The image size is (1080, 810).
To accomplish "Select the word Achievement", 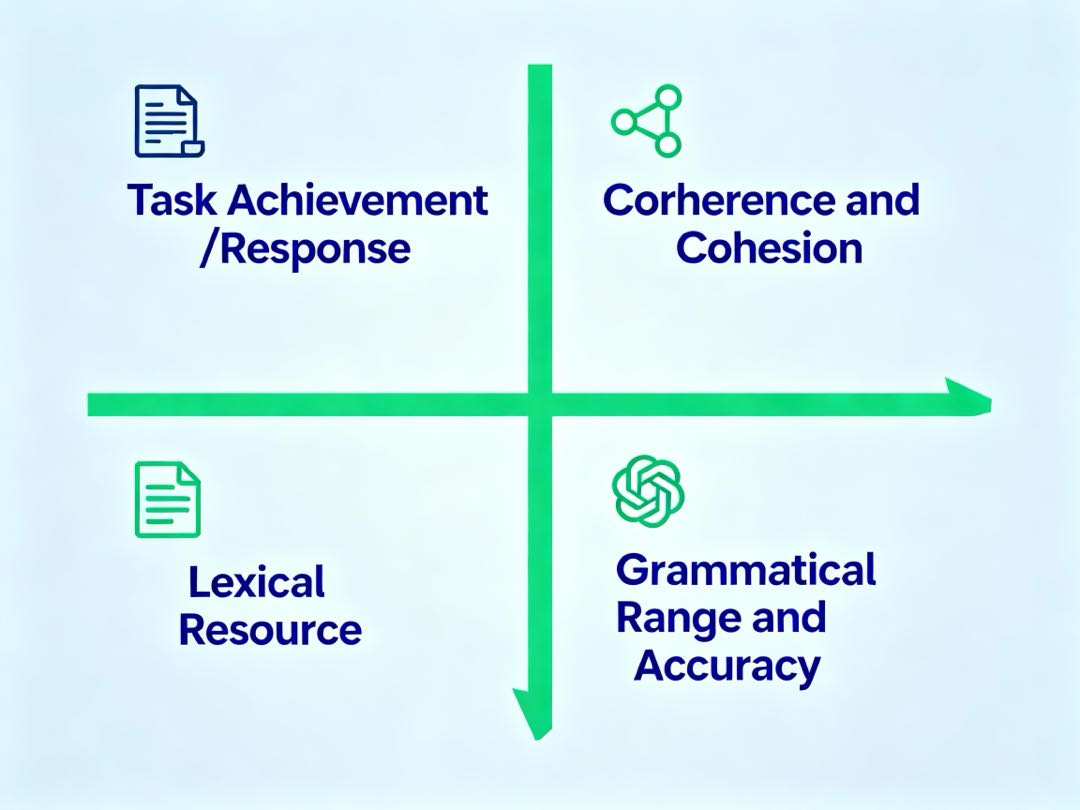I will click(x=358, y=201).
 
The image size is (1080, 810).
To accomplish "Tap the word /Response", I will click(x=304, y=249).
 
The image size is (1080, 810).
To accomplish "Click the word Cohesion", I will click(x=769, y=248).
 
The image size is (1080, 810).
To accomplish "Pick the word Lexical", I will click(x=257, y=582).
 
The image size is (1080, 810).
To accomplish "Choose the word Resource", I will click(x=270, y=630).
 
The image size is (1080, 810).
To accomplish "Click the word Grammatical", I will click(x=746, y=570).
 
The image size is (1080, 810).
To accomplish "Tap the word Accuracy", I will click(x=727, y=665).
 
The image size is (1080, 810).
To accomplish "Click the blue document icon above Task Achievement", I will click(x=168, y=121).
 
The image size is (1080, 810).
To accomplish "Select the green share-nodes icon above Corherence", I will click(x=647, y=121).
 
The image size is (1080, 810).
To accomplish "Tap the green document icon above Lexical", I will click(x=167, y=499).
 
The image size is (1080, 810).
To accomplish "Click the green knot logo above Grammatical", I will click(x=648, y=490).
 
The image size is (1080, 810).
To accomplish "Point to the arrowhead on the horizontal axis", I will click(x=969, y=398).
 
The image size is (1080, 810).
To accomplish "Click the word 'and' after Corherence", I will click(x=881, y=201).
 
